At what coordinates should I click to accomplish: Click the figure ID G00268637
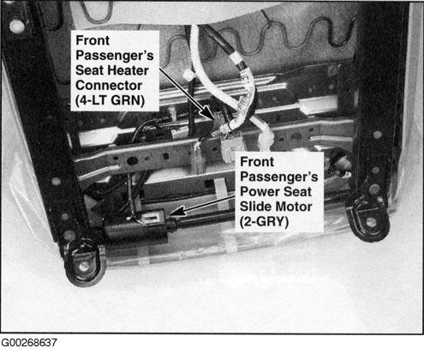[x=29, y=344]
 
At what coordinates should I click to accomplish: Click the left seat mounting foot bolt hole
[x=83, y=255]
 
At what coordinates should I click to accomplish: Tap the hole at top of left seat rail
[x=16, y=26]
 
